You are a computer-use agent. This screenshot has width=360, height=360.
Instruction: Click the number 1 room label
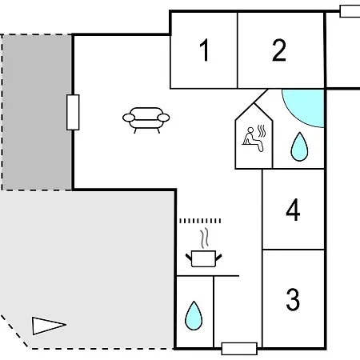pos(205,50)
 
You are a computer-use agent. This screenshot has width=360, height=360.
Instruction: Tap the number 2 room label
pos(279,50)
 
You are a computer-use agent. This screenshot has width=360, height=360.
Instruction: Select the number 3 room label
pos(293,299)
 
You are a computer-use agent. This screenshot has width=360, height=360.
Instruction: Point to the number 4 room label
pos(293,210)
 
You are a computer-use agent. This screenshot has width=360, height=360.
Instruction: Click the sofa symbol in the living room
pos(146,120)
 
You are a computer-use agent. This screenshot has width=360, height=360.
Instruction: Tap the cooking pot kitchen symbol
pos(204,258)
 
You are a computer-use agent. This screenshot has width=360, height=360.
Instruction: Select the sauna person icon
pos(253,139)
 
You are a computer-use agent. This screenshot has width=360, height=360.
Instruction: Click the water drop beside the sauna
pos(299,146)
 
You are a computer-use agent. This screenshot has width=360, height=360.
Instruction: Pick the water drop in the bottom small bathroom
pos(194,315)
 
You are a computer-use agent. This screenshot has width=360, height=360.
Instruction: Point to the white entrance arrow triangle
pos(49,326)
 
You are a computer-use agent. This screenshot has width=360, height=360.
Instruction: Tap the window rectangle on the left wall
pos(73,112)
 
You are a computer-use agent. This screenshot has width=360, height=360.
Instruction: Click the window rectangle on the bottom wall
pos(239,349)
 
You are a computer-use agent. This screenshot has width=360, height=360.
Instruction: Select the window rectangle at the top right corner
pos(350,11)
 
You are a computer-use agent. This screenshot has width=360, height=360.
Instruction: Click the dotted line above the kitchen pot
pos(200,221)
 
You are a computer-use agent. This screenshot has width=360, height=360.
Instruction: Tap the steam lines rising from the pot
pos(205,238)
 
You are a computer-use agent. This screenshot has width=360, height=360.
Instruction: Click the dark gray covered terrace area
pos(37,112)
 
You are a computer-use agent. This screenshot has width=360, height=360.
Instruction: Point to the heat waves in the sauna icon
pos(262,131)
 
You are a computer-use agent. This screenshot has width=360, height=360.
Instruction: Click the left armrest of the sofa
pos(129,118)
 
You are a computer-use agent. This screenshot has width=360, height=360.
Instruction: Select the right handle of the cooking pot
pos(218,258)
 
